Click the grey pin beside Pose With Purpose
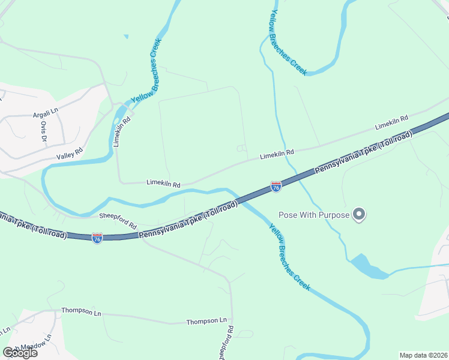point(359,214)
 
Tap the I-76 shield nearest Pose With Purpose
point(276,187)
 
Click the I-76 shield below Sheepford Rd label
point(97,238)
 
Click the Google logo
point(20,353)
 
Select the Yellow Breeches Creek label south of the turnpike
point(289,257)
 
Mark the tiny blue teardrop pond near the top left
point(126,37)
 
